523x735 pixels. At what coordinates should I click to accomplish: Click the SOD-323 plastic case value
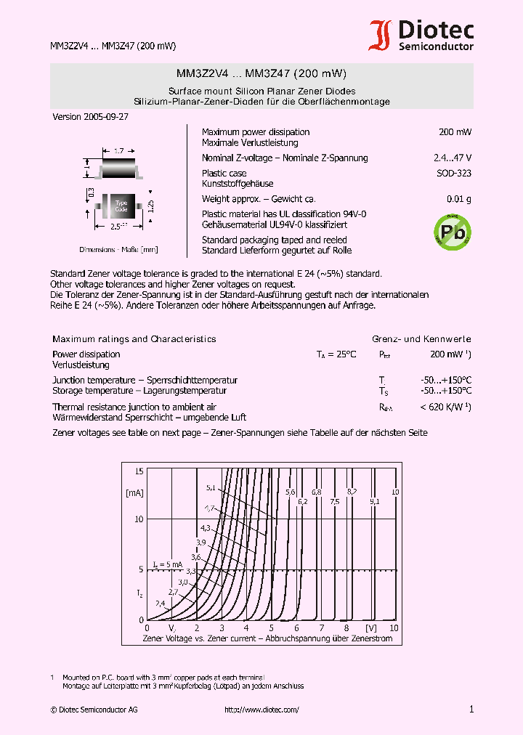(x=454, y=174)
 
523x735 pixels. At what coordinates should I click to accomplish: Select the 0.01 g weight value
(x=458, y=199)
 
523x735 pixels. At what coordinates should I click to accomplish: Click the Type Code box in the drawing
(x=121, y=206)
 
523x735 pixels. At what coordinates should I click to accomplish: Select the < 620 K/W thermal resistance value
(x=445, y=407)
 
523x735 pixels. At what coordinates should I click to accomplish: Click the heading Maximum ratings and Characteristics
(x=134, y=339)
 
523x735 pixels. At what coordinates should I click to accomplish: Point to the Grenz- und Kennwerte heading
(x=421, y=339)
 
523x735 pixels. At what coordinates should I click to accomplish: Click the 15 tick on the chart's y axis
(x=139, y=472)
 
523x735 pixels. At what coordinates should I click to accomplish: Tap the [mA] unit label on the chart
(x=134, y=493)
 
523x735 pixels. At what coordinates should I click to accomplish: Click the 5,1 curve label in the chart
(x=211, y=487)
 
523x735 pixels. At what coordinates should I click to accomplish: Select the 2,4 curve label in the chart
(x=160, y=604)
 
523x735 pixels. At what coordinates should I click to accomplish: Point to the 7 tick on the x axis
(x=320, y=628)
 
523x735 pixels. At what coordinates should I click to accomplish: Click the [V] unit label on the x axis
(x=371, y=628)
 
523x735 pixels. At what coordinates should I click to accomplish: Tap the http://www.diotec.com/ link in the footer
(x=261, y=710)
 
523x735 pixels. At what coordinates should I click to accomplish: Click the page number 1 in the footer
(x=471, y=710)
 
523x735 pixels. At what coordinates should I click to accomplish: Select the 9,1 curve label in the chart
(x=374, y=502)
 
